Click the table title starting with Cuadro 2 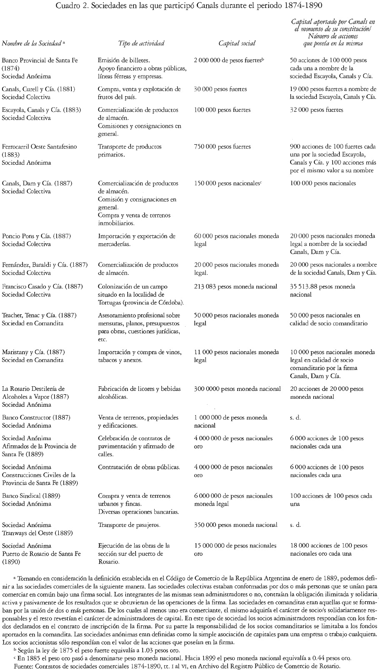[x=189, y=6]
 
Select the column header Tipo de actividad [x=141, y=43]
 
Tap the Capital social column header [x=237, y=43]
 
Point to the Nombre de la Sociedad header [x=32, y=43]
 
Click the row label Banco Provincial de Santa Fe [x=40, y=60]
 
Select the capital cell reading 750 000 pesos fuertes [x=223, y=146]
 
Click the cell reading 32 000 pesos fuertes [x=316, y=110]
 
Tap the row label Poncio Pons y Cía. [x=36, y=236]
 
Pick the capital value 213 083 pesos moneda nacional [x=236, y=287]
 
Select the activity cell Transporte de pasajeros [x=129, y=525]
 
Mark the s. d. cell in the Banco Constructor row [x=295, y=418]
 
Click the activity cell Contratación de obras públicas [x=139, y=467]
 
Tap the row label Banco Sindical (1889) [x=31, y=496]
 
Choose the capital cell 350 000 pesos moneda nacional [x=236, y=525]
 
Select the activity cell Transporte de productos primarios [x=130, y=150]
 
